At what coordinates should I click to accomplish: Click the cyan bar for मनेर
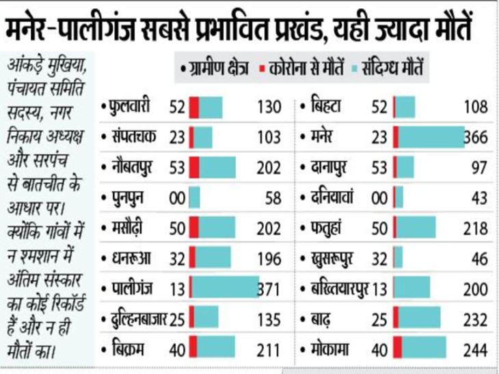click(431, 137)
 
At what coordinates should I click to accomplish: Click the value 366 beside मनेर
click(476, 137)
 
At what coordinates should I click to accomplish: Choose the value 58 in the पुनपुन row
click(271, 198)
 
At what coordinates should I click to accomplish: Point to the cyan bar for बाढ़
click(419, 319)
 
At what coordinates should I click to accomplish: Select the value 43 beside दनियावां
click(480, 198)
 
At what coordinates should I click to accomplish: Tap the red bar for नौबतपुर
click(194, 168)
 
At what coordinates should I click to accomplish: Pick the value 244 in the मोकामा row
click(476, 349)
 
